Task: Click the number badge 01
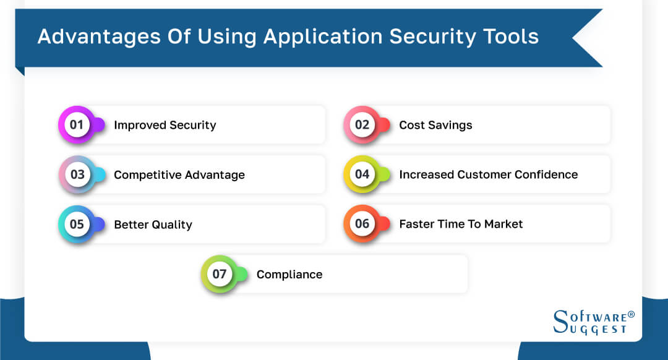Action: click(x=77, y=124)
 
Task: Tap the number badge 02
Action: click(x=362, y=124)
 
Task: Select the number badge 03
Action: click(x=77, y=174)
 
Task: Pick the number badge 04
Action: click(x=362, y=174)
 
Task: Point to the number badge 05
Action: click(x=77, y=224)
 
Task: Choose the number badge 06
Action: click(x=362, y=224)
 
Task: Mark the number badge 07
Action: click(x=220, y=274)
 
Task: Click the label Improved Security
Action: click(x=165, y=125)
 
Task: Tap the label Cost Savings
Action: click(x=435, y=125)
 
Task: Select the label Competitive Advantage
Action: click(x=179, y=175)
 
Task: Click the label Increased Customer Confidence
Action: click(x=488, y=174)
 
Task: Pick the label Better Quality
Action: click(x=153, y=225)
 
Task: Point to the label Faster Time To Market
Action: click(x=461, y=224)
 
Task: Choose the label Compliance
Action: click(x=289, y=275)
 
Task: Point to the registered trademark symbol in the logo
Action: click(x=631, y=315)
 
